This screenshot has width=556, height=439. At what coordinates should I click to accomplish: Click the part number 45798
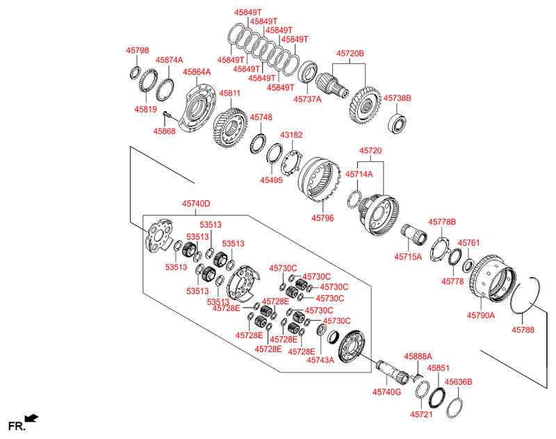(x=137, y=51)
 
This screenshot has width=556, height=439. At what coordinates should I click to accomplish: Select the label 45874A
(x=169, y=60)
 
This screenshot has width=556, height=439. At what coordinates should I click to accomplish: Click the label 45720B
(x=350, y=53)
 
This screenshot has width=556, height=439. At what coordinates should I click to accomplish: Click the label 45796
(x=322, y=218)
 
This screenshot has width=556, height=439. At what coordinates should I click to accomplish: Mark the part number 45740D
(x=196, y=204)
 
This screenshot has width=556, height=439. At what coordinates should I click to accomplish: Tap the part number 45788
(x=523, y=330)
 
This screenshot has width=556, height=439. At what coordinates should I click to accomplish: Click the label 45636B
(x=458, y=381)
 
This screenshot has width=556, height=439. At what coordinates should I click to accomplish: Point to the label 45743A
(x=321, y=360)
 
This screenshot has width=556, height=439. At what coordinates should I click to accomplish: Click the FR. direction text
(x=16, y=424)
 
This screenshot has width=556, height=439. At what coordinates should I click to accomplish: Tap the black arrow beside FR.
(x=32, y=418)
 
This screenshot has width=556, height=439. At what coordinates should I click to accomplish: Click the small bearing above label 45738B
(x=398, y=124)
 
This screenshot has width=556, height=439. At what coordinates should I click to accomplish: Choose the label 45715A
(x=409, y=256)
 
